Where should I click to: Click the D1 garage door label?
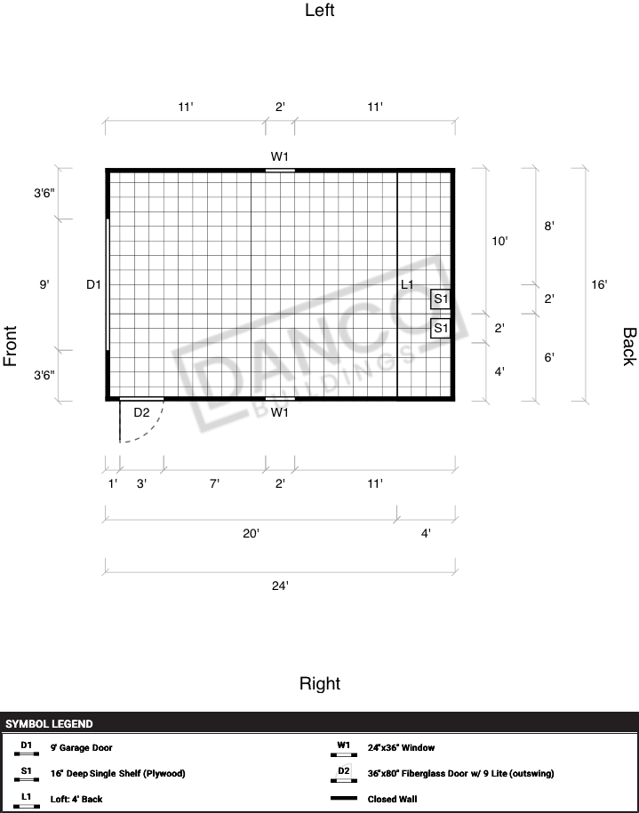(93, 284)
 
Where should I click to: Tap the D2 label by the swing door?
(141, 412)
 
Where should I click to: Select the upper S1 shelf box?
(440, 299)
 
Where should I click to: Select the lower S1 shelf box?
(440, 328)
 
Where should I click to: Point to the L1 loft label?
(408, 284)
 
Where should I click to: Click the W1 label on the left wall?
(280, 156)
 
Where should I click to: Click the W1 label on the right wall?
(280, 412)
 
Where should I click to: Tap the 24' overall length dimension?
(280, 586)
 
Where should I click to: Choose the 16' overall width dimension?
(599, 284)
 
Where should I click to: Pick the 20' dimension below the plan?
(251, 533)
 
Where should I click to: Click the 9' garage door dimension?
(44, 284)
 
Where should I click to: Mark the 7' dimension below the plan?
(214, 483)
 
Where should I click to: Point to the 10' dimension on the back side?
(499, 241)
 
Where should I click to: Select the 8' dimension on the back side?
(549, 226)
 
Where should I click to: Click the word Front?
(11, 346)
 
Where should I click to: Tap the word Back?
(628, 347)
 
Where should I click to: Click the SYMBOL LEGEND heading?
(49, 724)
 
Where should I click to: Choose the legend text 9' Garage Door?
(82, 747)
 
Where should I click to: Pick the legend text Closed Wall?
(392, 799)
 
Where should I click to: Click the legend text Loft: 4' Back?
(76, 799)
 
